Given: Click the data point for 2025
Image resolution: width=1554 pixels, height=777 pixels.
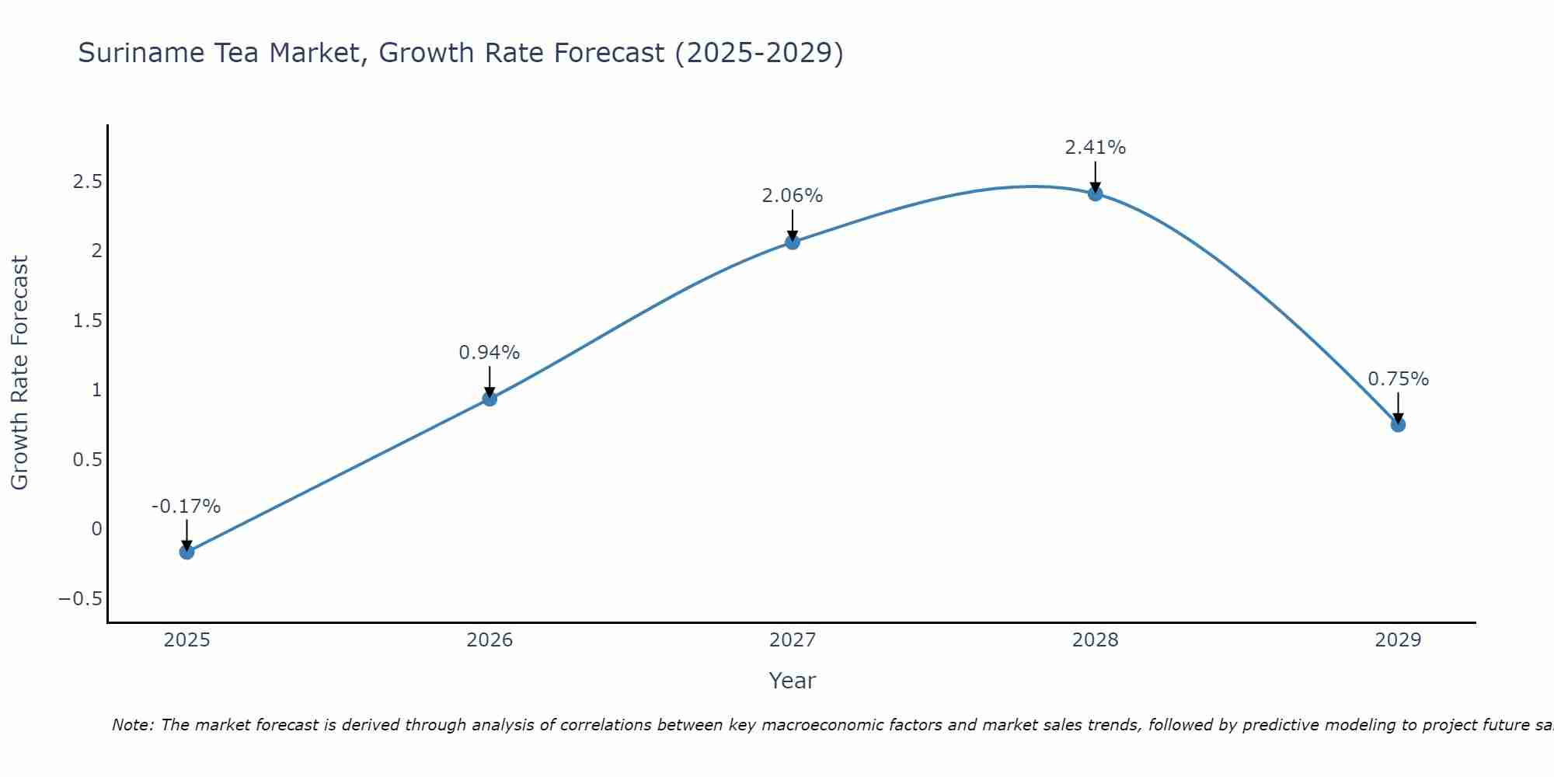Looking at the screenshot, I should click(186, 552).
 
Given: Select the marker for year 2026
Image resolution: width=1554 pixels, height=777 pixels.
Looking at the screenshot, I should click(490, 399).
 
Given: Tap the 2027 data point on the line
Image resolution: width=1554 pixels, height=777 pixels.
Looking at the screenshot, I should click(793, 242).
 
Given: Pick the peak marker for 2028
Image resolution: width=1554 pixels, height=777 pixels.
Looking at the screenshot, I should click(1096, 193).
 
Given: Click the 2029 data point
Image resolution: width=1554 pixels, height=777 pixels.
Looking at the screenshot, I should click(1398, 424).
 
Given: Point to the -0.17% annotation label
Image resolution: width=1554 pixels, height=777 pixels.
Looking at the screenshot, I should click(186, 507).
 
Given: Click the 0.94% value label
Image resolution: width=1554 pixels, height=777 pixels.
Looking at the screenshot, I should click(489, 353).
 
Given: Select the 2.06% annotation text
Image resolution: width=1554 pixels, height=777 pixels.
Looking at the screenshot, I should click(792, 196).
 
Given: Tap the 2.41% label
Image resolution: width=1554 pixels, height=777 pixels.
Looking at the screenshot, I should click(1095, 148).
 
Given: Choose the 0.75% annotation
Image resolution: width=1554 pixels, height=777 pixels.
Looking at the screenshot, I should click(1398, 379).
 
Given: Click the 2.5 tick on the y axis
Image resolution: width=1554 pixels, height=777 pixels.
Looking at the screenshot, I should click(88, 182).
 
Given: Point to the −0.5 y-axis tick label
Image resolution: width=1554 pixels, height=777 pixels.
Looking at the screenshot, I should click(80, 599).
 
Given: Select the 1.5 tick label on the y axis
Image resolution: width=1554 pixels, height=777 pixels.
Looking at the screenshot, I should click(88, 321).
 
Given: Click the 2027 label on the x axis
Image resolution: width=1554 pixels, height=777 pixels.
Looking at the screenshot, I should click(793, 640).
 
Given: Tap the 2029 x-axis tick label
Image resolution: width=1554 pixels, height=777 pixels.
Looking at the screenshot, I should click(1398, 640).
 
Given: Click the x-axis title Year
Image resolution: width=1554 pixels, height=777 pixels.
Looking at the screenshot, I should click(792, 681).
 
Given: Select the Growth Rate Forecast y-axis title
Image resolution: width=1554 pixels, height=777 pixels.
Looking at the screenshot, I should click(19, 373).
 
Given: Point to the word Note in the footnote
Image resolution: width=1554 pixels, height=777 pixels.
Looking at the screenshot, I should click(131, 725).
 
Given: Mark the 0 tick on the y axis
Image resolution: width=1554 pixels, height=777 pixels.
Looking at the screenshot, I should click(96, 529).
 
